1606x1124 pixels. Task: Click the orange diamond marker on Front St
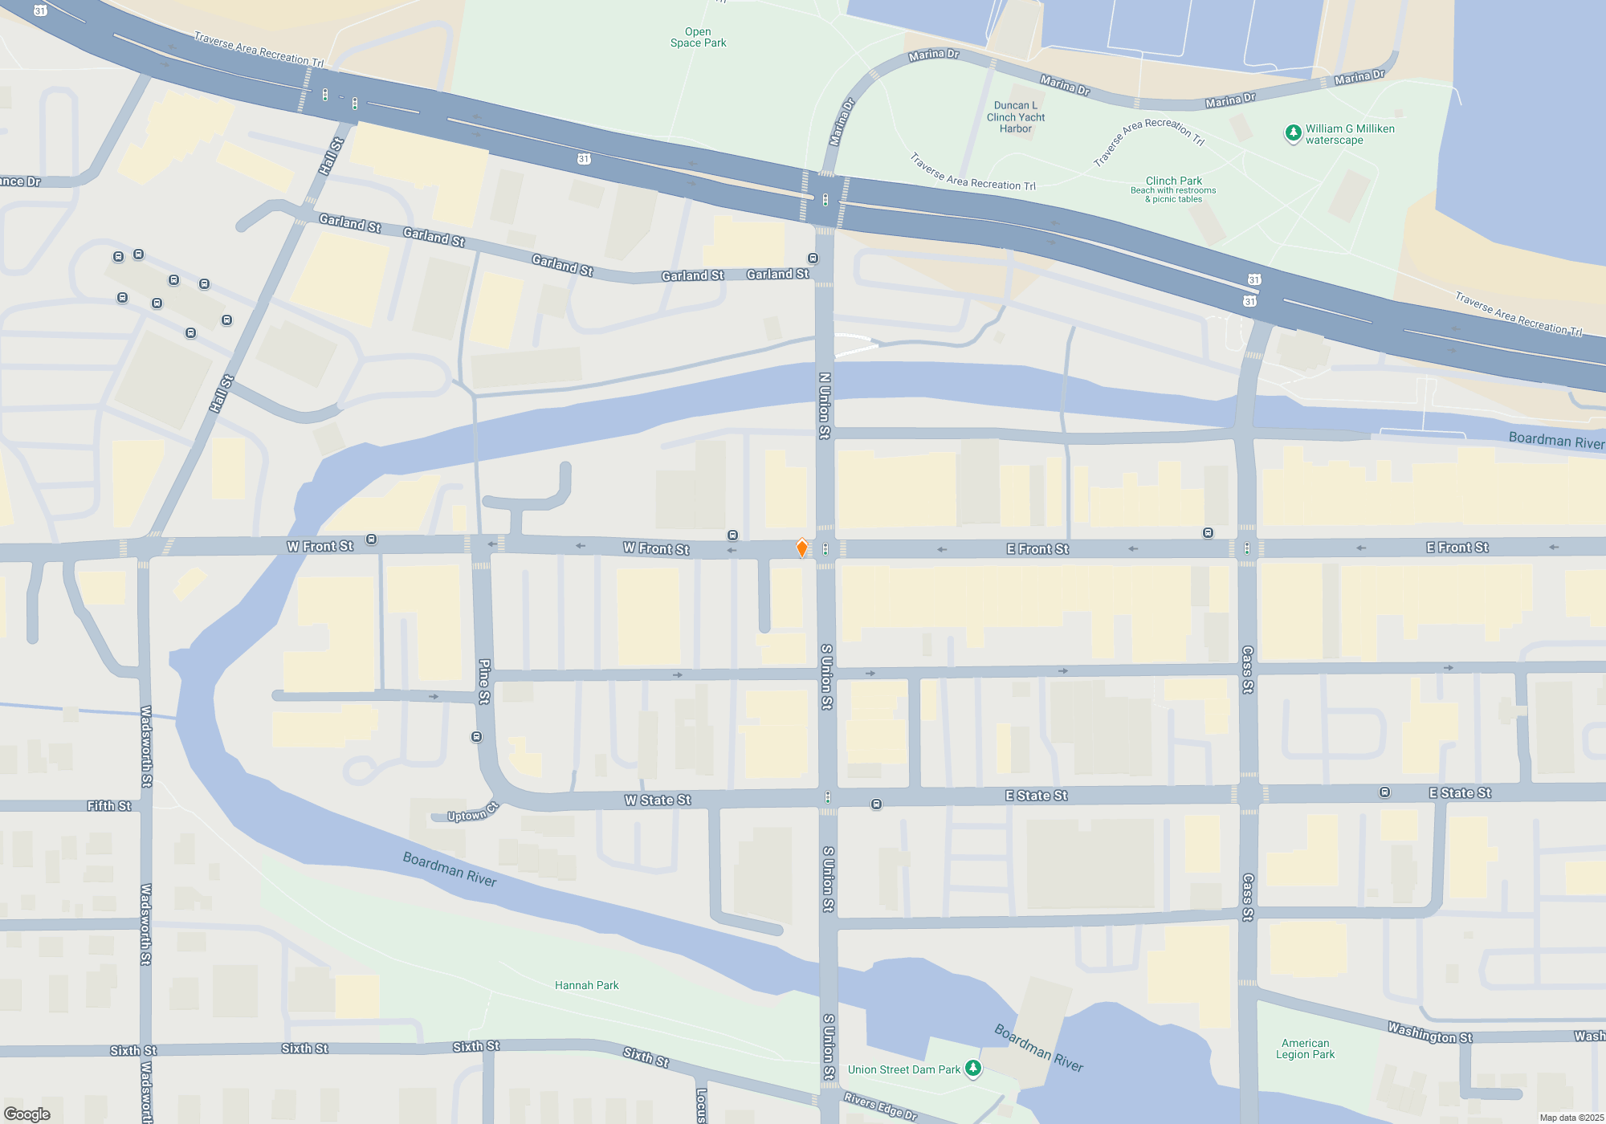coord(801,548)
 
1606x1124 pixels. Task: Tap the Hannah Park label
coord(586,985)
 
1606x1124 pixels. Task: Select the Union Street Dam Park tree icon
coord(973,1068)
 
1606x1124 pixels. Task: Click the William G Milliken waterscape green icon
coord(1293,133)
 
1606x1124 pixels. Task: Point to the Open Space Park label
coord(698,38)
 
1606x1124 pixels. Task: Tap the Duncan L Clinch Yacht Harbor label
coord(1016,117)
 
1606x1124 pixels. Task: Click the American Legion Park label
coord(1305,1049)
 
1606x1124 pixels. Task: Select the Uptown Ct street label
coord(472,812)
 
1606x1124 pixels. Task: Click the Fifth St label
coord(109,805)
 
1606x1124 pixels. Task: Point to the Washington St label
coord(1429,1032)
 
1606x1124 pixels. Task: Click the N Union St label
coord(825,405)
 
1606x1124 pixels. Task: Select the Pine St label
coord(484,682)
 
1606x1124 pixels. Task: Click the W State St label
coord(658,800)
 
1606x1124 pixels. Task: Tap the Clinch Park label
coord(1173,181)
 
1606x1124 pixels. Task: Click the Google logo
coord(27,1114)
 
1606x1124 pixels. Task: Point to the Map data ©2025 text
coord(1571,1118)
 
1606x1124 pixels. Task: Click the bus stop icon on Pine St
coord(477,737)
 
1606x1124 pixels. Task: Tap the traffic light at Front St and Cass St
coord(1246,548)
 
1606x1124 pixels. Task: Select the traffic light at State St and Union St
coord(827,797)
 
